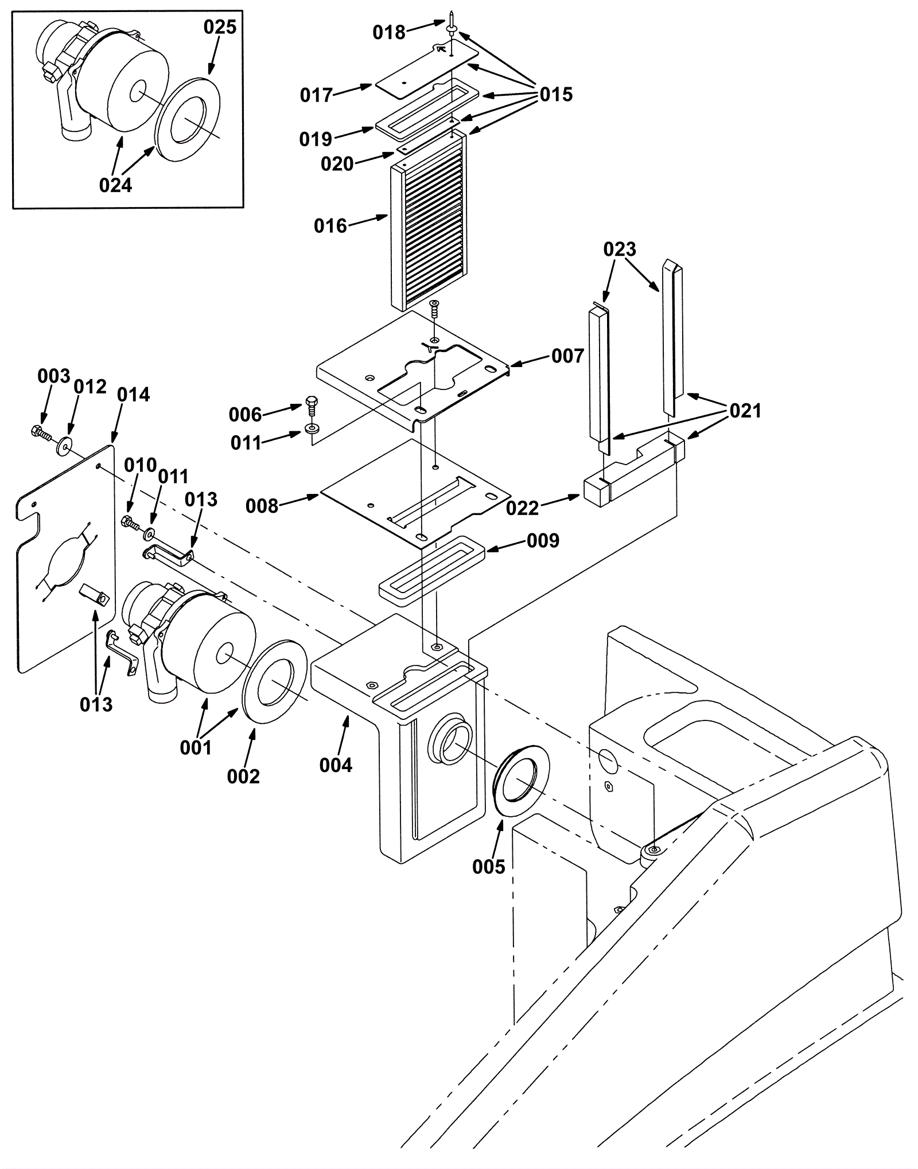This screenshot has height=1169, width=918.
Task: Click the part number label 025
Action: pos(220,27)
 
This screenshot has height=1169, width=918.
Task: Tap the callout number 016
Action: pos(330,226)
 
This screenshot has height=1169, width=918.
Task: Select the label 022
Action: pos(523,508)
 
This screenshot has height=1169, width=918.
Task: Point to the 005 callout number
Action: pos(488,867)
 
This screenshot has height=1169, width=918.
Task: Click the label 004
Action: pos(336,765)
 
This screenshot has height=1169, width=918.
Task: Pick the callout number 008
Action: pos(262,506)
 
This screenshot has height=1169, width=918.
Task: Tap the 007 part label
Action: pos(568,356)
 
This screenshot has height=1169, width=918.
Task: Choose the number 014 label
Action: pos(133,395)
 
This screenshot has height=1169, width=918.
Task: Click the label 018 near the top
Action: pos(389,33)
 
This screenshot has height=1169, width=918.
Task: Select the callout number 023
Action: pos(620,249)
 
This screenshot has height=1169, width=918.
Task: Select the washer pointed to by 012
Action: pos(63,445)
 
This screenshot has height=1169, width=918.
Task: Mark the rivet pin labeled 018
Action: pos(452,27)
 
